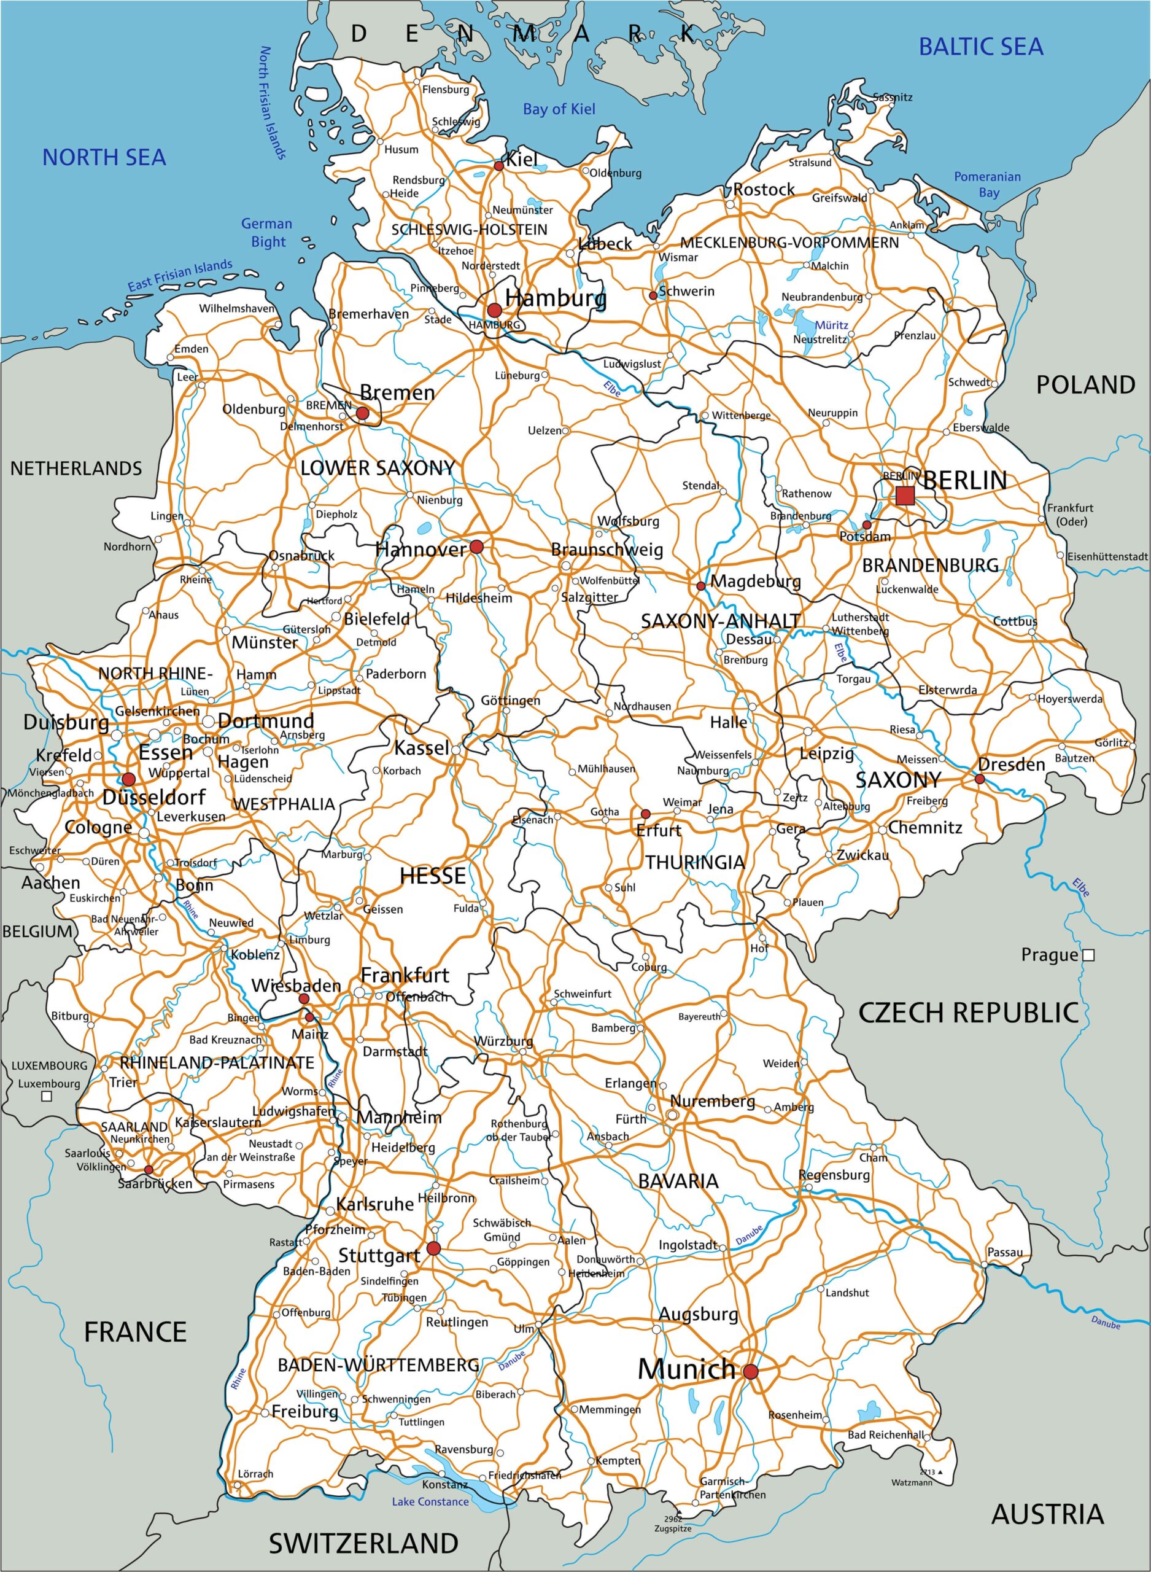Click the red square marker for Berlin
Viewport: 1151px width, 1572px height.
pyautogui.click(x=904, y=496)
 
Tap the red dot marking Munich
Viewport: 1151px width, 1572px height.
pyautogui.click(x=750, y=1371)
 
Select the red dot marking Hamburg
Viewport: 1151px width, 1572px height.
pyautogui.click(x=494, y=309)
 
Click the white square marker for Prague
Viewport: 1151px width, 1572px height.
pyautogui.click(x=1088, y=955)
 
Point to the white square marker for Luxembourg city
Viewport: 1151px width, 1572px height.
pyautogui.click(x=47, y=1096)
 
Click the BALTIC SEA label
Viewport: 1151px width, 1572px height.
pyautogui.click(x=980, y=47)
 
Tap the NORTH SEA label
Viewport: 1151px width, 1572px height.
pyautogui.click(x=104, y=157)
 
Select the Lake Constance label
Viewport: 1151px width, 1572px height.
pyautogui.click(x=429, y=1501)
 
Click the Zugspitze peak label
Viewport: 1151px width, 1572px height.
pyautogui.click(x=672, y=1528)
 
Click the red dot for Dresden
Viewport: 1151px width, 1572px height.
pyautogui.click(x=980, y=779)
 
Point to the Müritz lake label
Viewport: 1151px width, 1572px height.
pyautogui.click(x=831, y=325)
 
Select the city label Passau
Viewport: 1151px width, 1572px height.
pyautogui.click(x=1005, y=1252)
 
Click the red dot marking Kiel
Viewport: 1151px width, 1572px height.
pyautogui.click(x=499, y=166)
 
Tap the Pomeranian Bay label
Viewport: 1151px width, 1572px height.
pyautogui.click(x=986, y=185)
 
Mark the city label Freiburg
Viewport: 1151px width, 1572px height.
pyautogui.click(x=304, y=1412)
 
